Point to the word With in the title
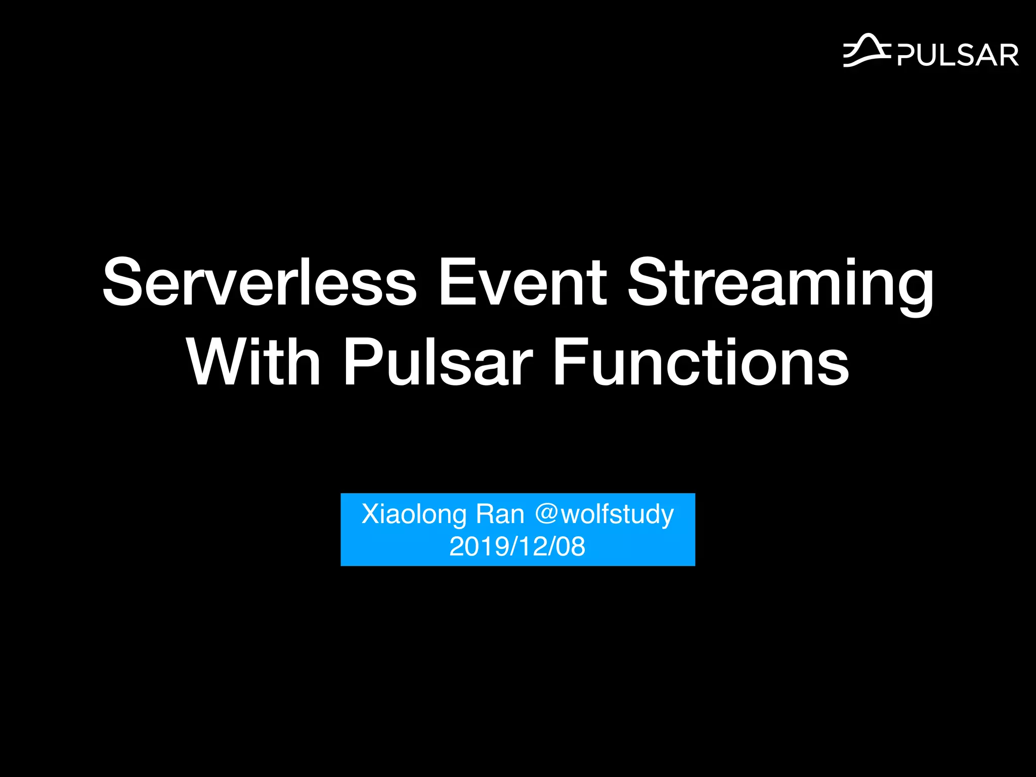(254, 362)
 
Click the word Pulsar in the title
(438, 362)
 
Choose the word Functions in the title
(701, 362)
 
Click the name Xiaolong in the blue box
(414, 515)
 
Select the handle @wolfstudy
(605, 515)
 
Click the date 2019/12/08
(517, 547)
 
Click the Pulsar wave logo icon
(867, 51)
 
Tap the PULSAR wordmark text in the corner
(958, 55)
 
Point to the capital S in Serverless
(123, 282)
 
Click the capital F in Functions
(568, 362)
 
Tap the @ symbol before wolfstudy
(546, 514)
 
